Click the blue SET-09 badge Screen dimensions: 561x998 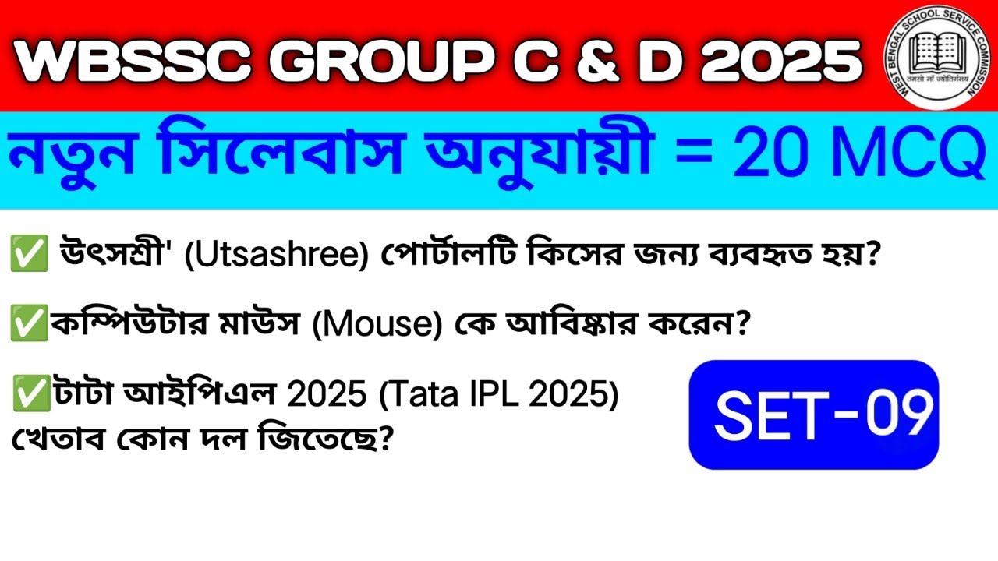(814, 415)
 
